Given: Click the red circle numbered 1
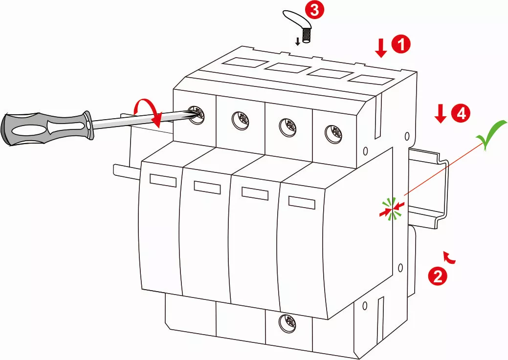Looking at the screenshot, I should [x=402, y=44].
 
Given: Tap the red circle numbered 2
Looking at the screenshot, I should [x=437, y=276].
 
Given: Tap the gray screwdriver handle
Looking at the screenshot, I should [x=44, y=128].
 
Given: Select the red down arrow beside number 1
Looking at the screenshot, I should [x=381, y=47].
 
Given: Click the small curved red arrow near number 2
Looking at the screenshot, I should [x=449, y=257].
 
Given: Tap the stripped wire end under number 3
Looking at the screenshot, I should [x=308, y=36].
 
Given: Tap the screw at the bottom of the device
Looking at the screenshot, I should [x=286, y=321].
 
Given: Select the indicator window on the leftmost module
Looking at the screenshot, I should [x=163, y=180].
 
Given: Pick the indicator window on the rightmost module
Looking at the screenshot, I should [x=302, y=202].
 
